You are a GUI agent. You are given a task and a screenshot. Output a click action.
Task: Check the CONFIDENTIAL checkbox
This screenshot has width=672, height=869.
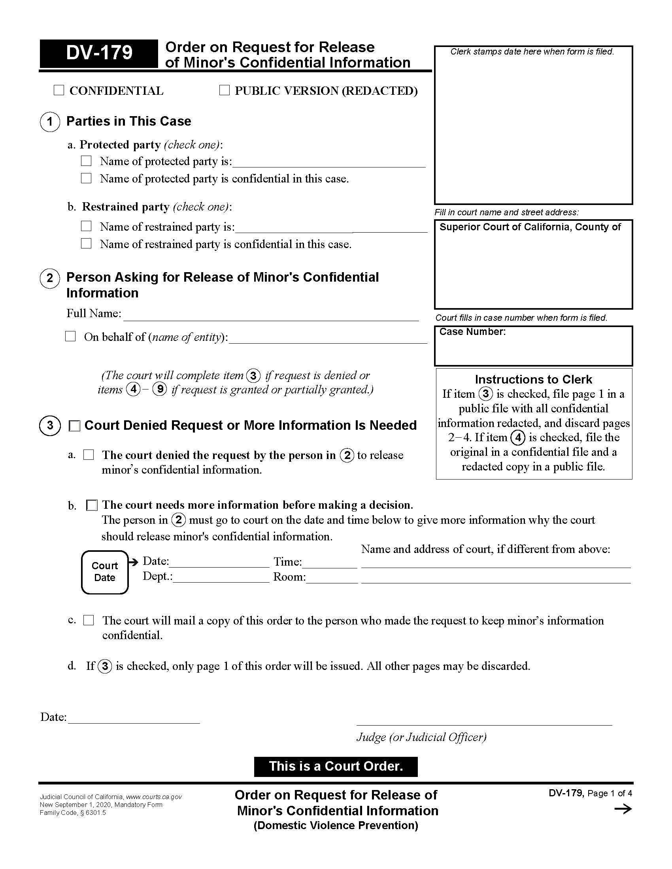point(59,90)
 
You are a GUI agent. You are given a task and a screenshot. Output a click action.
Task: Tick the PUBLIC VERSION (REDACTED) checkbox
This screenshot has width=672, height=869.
point(225,90)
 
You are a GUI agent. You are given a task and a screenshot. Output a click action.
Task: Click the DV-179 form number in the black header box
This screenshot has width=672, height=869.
point(99,53)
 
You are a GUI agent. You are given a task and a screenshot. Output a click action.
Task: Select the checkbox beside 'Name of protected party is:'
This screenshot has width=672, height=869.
point(87,161)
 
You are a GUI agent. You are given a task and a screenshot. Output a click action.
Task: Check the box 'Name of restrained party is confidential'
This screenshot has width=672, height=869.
point(87,243)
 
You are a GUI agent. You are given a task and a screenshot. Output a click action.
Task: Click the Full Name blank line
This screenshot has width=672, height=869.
point(271,315)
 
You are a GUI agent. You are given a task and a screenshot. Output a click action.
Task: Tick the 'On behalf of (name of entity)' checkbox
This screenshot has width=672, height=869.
point(70,336)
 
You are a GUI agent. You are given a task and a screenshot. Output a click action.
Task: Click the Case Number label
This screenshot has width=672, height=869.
point(472,332)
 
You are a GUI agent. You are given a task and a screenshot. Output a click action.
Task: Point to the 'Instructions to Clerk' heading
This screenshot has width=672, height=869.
point(533,379)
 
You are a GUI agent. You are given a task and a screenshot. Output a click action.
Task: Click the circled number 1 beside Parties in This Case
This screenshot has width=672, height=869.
point(50,121)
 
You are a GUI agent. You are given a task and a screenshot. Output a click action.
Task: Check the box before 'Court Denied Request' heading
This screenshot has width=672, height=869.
point(75,426)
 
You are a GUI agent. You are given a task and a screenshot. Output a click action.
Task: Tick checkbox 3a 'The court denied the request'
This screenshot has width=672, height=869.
point(89,454)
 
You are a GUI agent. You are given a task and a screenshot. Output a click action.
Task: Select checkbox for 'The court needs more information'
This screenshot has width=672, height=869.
point(92,505)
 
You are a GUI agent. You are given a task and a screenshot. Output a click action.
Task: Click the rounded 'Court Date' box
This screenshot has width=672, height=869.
point(105,572)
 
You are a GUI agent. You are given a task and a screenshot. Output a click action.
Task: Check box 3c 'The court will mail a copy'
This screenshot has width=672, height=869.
point(89,620)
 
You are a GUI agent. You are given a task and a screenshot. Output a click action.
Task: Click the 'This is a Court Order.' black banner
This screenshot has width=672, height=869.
point(336,766)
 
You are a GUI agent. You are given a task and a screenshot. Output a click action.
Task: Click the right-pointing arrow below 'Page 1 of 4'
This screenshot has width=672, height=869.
point(623,809)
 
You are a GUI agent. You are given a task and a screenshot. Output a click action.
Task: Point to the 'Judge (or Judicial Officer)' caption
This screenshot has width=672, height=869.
point(421,737)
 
